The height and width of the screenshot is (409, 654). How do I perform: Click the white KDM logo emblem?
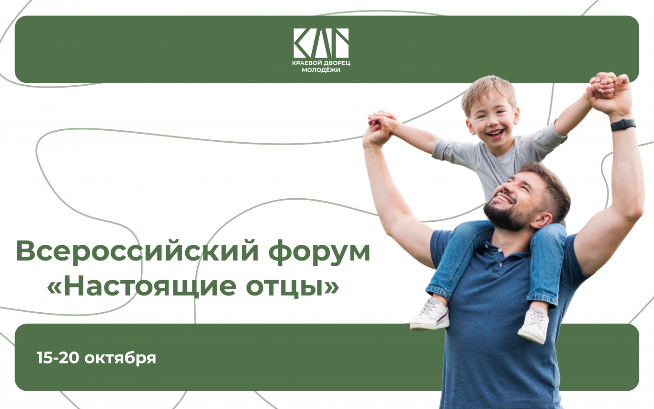[321, 43]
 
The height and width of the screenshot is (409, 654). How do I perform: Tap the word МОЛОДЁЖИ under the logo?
[321, 70]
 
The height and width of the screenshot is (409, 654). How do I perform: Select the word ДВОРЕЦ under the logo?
[337, 63]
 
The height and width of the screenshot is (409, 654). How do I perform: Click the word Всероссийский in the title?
[137, 250]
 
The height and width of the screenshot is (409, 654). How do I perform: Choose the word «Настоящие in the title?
[142, 286]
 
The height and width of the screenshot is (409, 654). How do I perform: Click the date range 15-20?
[58, 358]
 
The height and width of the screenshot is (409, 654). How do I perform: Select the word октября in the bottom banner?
[120, 358]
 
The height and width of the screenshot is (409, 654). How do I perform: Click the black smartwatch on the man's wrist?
[623, 125]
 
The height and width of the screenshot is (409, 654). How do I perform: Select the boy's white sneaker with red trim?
[430, 315]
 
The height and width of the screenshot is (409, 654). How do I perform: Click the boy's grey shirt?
[496, 158]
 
